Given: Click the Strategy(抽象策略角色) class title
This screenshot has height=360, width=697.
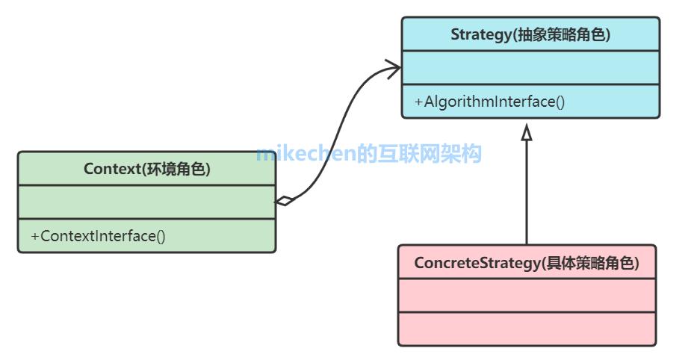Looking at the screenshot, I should click(530, 34).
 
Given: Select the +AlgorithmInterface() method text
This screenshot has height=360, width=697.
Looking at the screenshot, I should click(489, 102).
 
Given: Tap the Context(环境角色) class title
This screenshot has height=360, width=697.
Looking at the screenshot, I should click(146, 169).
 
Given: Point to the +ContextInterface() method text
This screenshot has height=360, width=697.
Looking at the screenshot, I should click(98, 236).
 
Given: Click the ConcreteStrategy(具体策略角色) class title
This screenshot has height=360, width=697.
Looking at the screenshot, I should click(526, 263).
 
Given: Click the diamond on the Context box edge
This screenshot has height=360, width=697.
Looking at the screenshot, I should click(285, 200).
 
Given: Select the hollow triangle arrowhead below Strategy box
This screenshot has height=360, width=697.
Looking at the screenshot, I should click(527, 133).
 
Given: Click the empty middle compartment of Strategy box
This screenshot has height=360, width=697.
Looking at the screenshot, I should click(530, 68).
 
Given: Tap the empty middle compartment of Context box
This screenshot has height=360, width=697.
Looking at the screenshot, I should click(146, 202).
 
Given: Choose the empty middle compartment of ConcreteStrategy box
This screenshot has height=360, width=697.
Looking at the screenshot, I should click(526, 296).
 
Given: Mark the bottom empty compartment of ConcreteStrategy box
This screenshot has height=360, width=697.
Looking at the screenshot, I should click(526, 329).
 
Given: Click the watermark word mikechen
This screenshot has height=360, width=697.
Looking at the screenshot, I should click(306, 155).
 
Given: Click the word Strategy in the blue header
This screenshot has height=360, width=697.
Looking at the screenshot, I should click(481, 34).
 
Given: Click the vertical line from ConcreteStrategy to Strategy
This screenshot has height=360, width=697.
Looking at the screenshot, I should click(527, 194).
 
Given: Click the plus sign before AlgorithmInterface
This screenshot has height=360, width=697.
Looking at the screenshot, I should click(418, 102).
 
